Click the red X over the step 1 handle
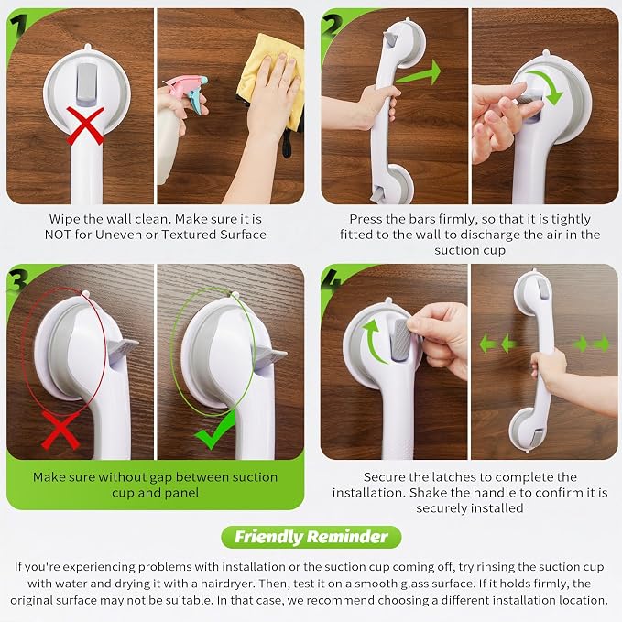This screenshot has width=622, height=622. tap(85, 125)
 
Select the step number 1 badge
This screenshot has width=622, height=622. tap(17, 26)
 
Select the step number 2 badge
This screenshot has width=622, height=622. tap(333, 25)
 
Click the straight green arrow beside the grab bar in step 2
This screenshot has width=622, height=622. tap(419, 73)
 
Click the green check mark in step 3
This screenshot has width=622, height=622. tap(215, 431)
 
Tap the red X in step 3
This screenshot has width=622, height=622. tap(60, 431)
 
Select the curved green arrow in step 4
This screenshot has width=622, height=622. tap(372, 340)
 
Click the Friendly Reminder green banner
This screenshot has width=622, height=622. tap(311, 537)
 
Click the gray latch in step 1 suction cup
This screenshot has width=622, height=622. tap(87, 85)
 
